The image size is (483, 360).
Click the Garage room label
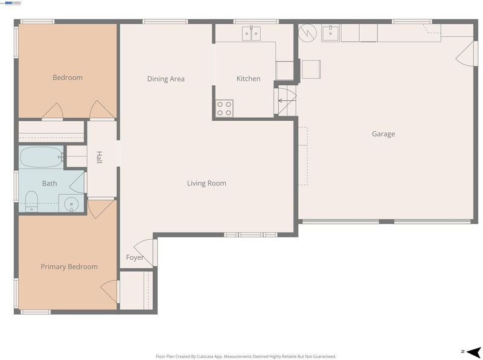tap(383, 133)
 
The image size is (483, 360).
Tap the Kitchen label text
tap(248, 79)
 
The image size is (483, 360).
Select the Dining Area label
tap(165, 79)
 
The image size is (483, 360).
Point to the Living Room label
tap(206, 183)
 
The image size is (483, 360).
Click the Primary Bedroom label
tap(69, 266)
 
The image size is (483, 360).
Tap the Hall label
tap(99, 157)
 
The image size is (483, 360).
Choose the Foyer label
tap(135, 257)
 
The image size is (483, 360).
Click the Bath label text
tap(50, 184)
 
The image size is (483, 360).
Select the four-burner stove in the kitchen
tap(224, 109)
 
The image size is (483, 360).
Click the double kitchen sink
tap(251, 33)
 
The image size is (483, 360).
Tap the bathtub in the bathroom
tap(41, 157)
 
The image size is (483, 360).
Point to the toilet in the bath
tap(31, 202)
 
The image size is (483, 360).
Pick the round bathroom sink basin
tap(71, 204)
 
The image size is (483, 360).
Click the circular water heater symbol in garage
tap(307, 33)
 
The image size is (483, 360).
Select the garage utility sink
tap(330, 33)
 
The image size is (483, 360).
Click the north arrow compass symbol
tap(473, 352)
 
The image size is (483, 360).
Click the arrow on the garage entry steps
tap(287, 100)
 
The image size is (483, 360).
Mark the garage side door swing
tap(465, 54)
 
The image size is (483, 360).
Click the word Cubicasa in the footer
tap(205, 356)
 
